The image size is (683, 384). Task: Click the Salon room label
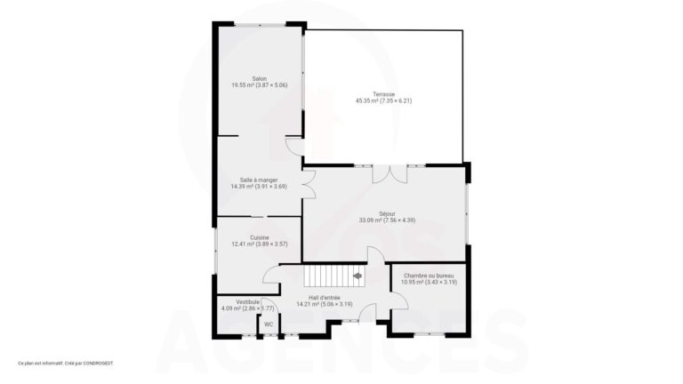tap(260, 78)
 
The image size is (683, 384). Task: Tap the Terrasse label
tap(384, 94)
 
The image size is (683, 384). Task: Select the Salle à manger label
tap(259, 180)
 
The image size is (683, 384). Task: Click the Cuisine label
tap(260, 237)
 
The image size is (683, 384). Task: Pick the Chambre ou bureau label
tap(430, 276)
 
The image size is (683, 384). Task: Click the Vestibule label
tap(248, 302)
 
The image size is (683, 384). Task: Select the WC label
tap(269, 324)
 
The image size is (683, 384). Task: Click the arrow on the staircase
tap(357, 276)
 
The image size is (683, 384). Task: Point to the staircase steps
tap(331, 276)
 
